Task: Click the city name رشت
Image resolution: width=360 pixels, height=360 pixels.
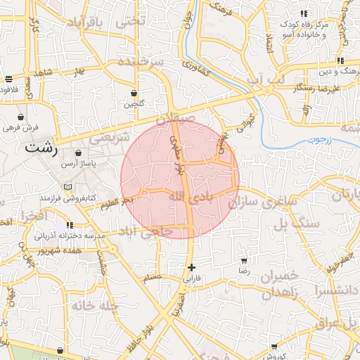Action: tap(41, 148)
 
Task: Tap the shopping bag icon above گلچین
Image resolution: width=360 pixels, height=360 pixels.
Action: tap(134, 93)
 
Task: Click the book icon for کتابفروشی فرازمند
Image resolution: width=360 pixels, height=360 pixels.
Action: tap(67, 187)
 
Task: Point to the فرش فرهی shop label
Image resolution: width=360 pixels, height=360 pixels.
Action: tap(19, 127)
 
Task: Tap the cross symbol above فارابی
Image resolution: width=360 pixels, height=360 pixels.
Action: tap(191, 267)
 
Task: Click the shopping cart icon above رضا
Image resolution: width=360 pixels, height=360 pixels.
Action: tap(244, 261)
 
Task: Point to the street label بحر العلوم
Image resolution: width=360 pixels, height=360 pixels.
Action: tap(117, 202)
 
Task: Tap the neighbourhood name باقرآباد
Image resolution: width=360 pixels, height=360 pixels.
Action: tap(85, 24)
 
